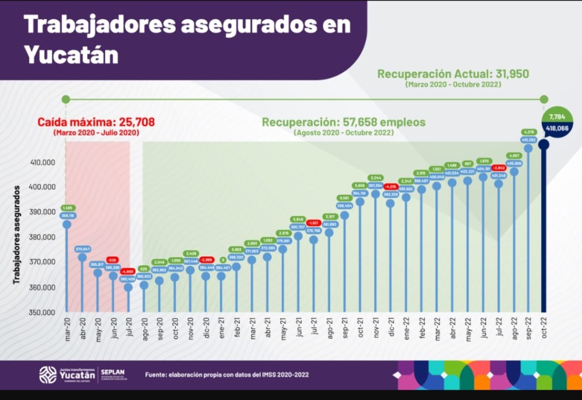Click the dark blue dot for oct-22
[x=544, y=144]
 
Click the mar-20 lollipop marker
[x=67, y=224]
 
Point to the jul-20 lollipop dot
[x=128, y=287]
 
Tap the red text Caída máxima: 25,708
[x=96, y=122]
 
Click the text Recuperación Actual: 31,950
[x=453, y=74]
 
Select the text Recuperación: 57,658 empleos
[x=343, y=122]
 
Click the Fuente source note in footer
[x=227, y=374]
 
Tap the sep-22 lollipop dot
[x=528, y=148]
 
